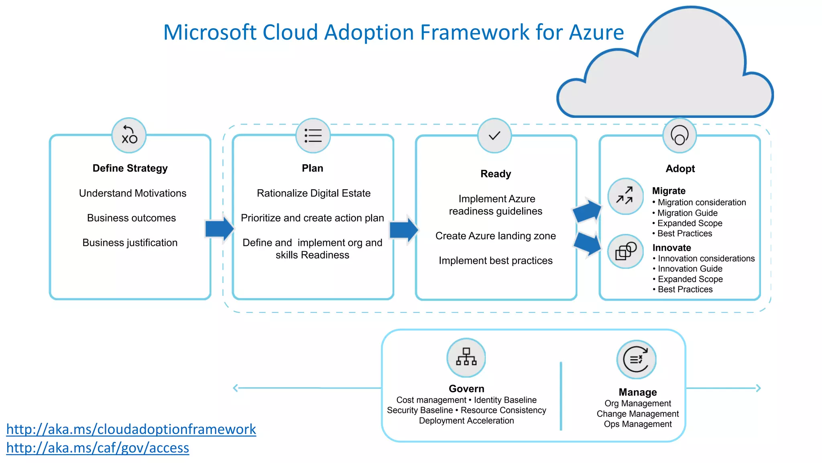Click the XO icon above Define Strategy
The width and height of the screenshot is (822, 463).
pos(129,135)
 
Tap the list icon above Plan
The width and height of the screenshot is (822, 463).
pos(313,135)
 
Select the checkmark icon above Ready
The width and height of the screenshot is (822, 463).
pos(494,135)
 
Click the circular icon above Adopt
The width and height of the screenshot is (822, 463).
pos(680,135)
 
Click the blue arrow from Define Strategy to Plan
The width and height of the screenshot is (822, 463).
pos(219,229)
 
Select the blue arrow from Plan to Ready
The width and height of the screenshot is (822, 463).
pos(403,229)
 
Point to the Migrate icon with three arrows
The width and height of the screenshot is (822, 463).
pos(625,196)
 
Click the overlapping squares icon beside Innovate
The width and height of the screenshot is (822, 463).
pos(625,252)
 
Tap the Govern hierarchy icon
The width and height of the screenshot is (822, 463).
pos(466,357)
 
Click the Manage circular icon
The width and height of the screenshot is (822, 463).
pos(636,359)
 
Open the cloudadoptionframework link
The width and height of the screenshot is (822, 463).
pos(131,429)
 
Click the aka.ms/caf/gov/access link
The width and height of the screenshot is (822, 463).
pos(98,448)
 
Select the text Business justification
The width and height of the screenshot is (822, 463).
pos(130,243)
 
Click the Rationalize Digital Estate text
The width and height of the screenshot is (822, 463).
pos(313,193)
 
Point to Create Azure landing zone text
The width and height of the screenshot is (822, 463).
pos(495,236)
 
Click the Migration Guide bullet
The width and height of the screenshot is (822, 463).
pos(687,213)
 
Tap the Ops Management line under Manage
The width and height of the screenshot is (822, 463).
pos(637,424)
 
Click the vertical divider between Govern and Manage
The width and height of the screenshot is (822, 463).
pos(561,396)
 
